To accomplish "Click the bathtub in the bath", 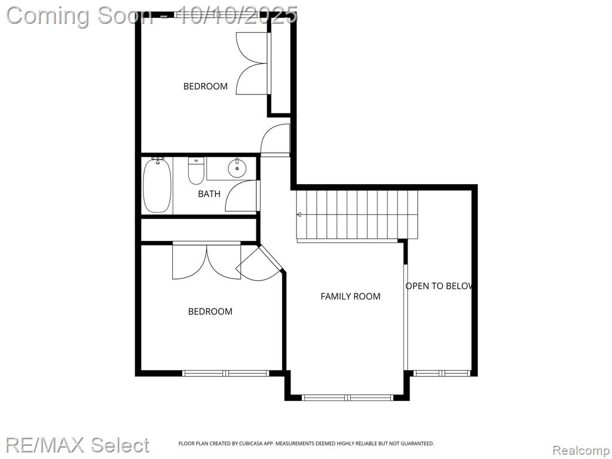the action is tap(157, 186).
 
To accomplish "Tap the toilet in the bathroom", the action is tap(196, 170).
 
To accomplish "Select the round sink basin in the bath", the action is tap(237, 169).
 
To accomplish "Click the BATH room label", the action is tap(209, 194).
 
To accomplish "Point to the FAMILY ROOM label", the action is tap(350, 296).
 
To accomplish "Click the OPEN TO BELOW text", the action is tap(439, 286).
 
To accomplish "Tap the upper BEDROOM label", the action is tap(206, 86).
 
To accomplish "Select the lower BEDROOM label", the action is tap(210, 311).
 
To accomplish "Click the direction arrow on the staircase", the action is tap(299, 215).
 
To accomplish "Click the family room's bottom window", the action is tap(347, 397).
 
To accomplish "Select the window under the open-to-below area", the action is tap(443, 374).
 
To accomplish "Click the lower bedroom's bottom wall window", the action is tap(225, 374).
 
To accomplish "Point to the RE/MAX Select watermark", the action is tap(78, 445).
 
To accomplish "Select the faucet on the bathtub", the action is tap(158, 160).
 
